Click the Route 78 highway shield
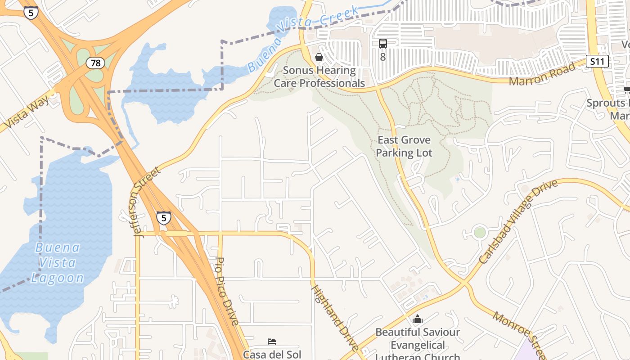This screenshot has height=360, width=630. pyautogui.click(x=95, y=63)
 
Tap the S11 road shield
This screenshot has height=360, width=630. pyautogui.click(x=597, y=61)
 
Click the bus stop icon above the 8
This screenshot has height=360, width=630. pyautogui.click(x=383, y=44)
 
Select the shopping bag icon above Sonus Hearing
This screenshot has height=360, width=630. pyautogui.click(x=319, y=57)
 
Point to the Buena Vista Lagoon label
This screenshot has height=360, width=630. pyautogui.click(x=58, y=262)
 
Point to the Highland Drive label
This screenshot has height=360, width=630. pyautogui.click(x=336, y=318)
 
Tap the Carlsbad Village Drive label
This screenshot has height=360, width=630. pyautogui.click(x=518, y=221)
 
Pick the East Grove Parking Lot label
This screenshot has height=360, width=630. pyautogui.click(x=404, y=146)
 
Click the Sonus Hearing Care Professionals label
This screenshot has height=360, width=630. pyautogui.click(x=319, y=76)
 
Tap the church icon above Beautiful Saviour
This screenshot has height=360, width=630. pyautogui.click(x=418, y=319)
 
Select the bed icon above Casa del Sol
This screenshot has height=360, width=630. pyautogui.click(x=272, y=342)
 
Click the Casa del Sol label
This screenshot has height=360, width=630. pyautogui.click(x=272, y=354)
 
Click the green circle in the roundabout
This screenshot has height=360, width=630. pyautogui.click(x=480, y=232)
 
